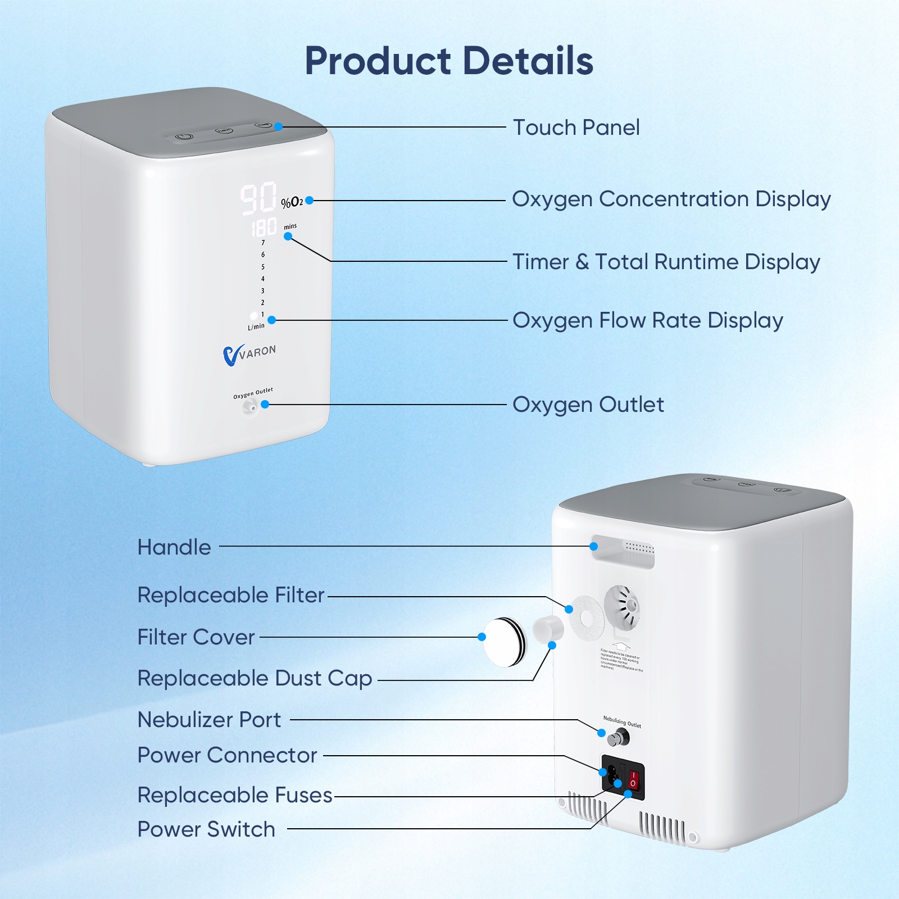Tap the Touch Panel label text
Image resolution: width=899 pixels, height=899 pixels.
pyautogui.click(x=576, y=128)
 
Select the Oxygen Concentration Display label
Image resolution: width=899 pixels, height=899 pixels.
pyautogui.click(x=671, y=199)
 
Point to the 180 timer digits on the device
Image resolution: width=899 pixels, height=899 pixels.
pyautogui.click(x=264, y=228)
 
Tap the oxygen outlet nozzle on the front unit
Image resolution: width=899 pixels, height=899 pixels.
pyautogui.click(x=249, y=406)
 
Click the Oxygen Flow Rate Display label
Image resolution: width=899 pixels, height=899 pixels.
pyautogui.click(x=647, y=320)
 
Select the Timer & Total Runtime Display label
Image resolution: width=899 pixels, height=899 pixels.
pyautogui.click(x=666, y=262)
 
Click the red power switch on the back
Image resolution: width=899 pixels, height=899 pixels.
pyautogui.click(x=634, y=779)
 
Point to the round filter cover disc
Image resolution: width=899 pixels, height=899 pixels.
pyautogui.click(x=504, y=642)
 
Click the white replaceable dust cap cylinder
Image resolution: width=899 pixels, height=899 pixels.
pyautogui.click(x=548, y=629)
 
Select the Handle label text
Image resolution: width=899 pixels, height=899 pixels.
pyautogui.click(x=174, y=547)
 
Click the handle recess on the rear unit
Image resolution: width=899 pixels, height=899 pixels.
pyautogui.click(x=623, y=553)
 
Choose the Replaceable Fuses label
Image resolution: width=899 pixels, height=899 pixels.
pyautogui.click(x=235, y=795)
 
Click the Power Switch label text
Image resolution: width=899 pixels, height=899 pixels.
pyautogui.click(x=206, y=829)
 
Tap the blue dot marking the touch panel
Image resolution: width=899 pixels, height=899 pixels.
pyautogui.click(x=279, y=127)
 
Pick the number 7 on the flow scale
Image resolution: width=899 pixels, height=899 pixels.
pyautogui.click(x=263, y=243)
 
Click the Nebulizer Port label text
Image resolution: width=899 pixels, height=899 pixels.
pyautogui.click(x=209, y=720)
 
